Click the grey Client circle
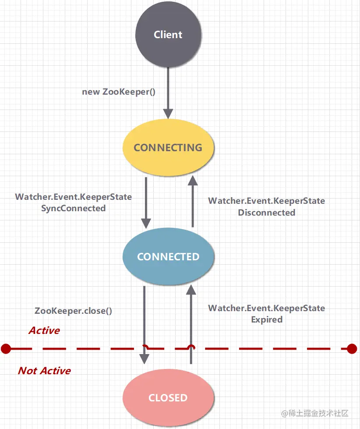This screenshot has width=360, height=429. [x=168, y=35]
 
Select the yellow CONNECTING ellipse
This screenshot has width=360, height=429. [x=168, y=148]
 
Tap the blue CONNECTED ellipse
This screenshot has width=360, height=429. [x=168, y=257]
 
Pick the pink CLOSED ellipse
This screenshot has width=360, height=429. [x=168, y=398]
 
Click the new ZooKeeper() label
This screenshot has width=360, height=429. [x=119, y=92]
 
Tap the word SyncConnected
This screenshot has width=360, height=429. [x=74, y=209]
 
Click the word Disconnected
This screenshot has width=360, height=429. [x=267, y=213]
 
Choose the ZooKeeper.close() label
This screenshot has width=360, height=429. [x=73, y=311]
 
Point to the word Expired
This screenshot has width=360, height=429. [x=267, y=319]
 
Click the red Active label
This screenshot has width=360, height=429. [x=44, y=330]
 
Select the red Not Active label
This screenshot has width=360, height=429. [x=44, y=371]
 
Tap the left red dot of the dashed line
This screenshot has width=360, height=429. [x=6, y=349]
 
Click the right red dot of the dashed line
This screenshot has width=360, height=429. [x=352, y=349]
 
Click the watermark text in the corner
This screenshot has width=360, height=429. [x=315, y=413]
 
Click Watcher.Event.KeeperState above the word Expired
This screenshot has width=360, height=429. [x=266, y=308]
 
